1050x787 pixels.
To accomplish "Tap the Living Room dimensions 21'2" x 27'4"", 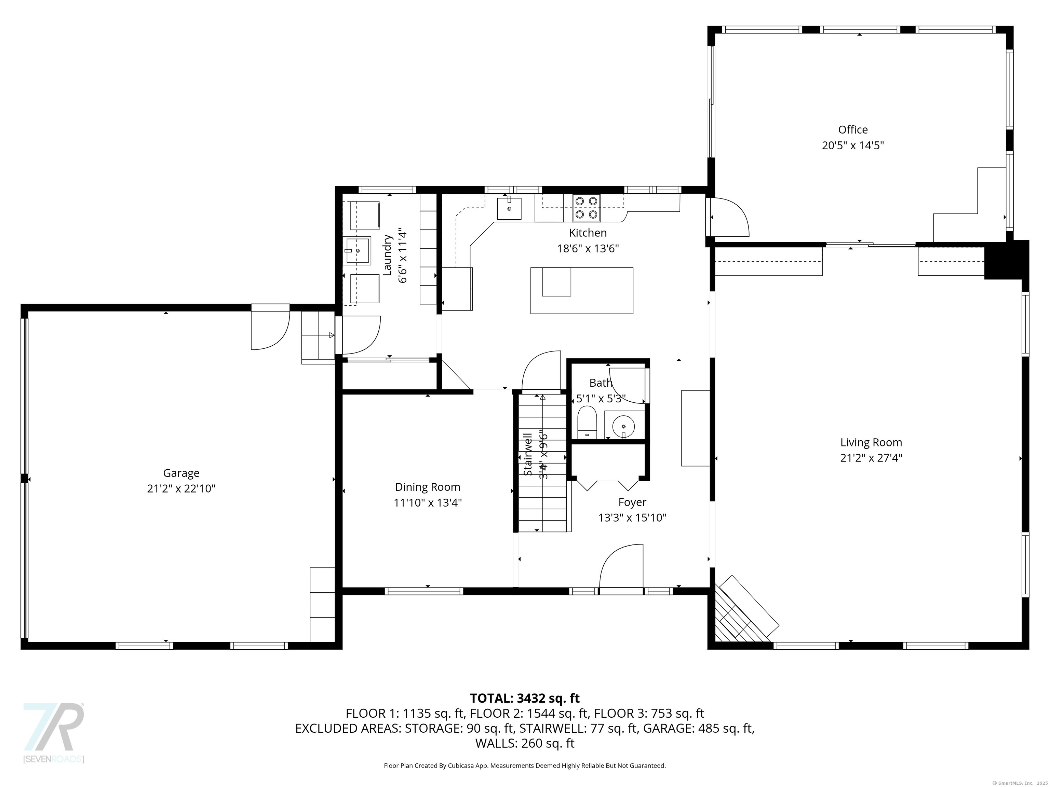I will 871,458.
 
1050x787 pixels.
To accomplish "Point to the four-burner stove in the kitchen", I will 586,208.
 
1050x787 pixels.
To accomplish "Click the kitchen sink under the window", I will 509,209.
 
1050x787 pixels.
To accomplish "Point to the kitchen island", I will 581,290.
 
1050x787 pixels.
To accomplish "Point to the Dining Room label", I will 427,487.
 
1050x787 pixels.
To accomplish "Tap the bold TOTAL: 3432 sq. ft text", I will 525,698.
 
